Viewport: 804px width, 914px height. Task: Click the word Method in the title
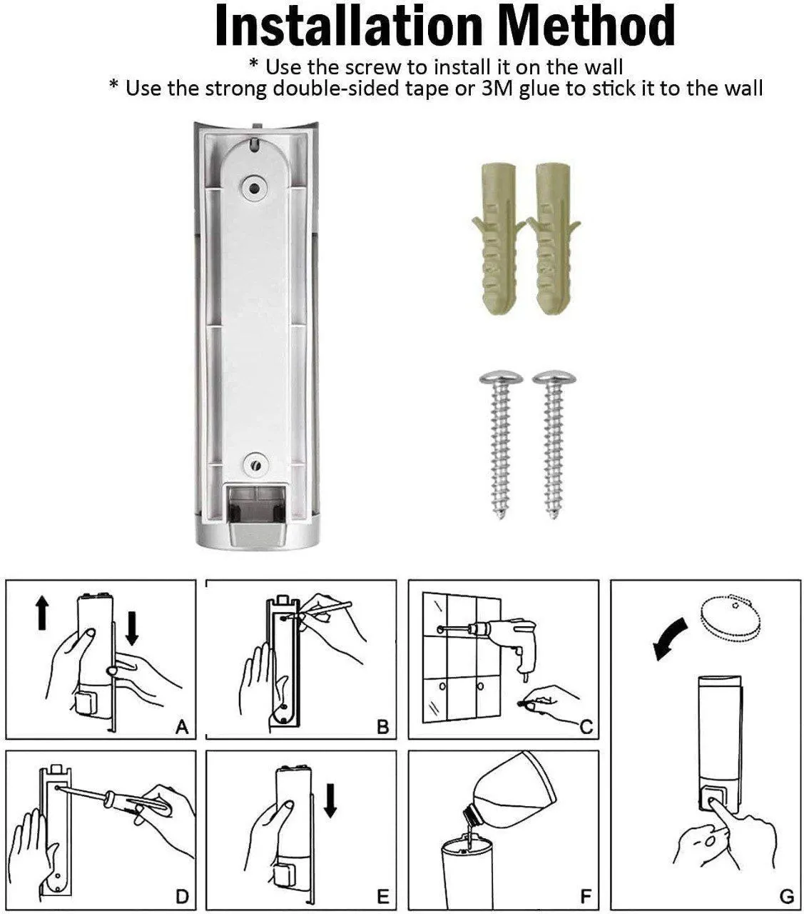(x=586, y=26)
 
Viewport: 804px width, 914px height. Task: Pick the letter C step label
(x=586, y=727)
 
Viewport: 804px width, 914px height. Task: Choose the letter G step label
(x=786, y=896)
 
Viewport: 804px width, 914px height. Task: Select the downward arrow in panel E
(x=330, y=799)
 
